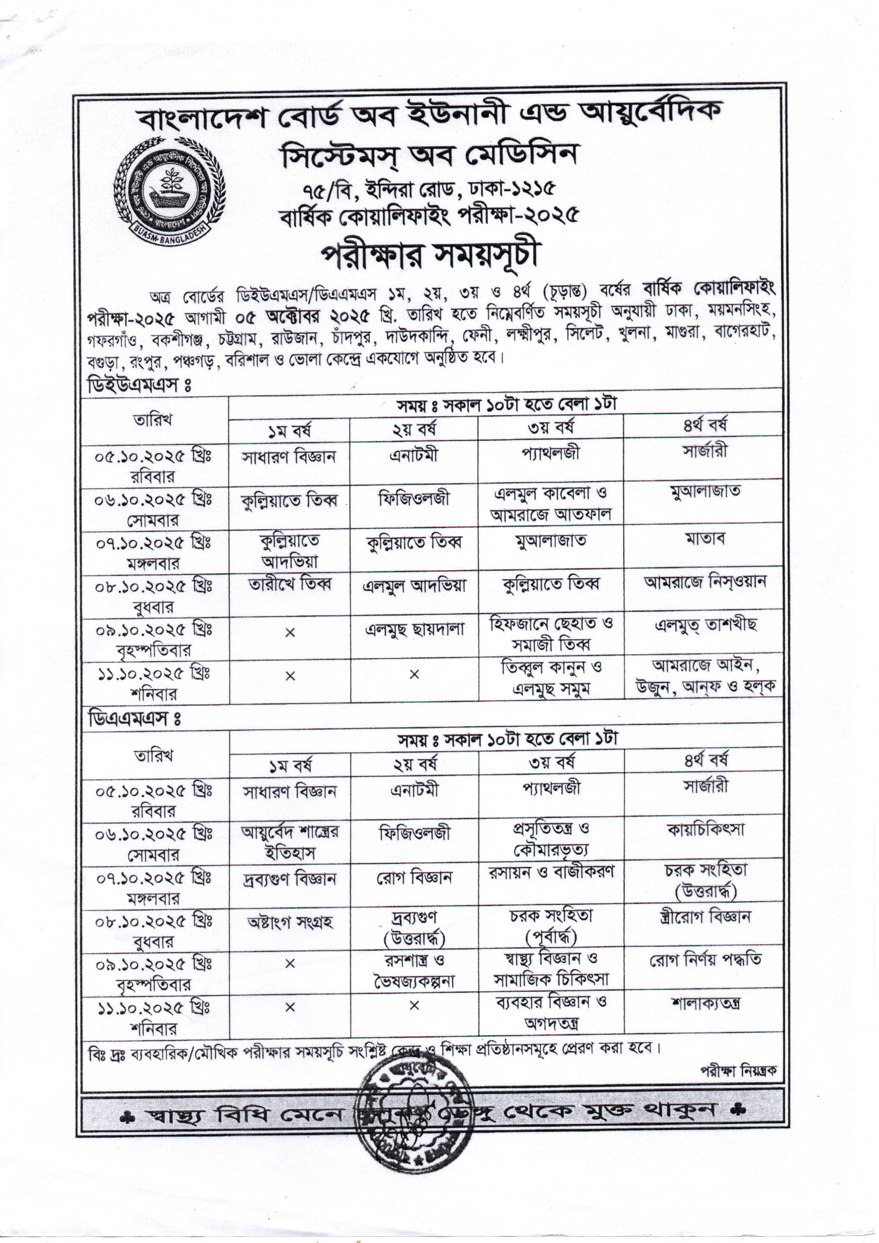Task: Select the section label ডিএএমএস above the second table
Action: (x=133, y=719)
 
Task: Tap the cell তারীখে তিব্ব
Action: (x=289, y=585)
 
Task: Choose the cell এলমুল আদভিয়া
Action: (x=414, y=585)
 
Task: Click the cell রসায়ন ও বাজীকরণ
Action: (x=550, y=873)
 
